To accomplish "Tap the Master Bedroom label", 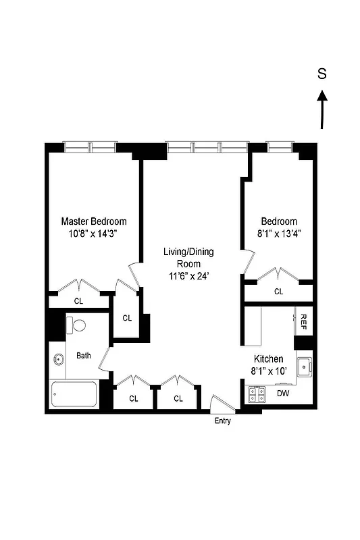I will point(94,221).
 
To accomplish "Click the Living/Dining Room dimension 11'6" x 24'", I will point(188,275).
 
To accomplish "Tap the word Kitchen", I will point(268,359).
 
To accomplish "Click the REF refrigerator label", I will point(304,320).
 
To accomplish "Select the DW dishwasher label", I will point(283,393).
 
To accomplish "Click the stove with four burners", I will point(256,393).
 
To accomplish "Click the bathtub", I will point(74,395).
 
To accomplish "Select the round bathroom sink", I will point(57,360).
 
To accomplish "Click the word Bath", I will point(84,356).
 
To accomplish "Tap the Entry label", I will point(222,421).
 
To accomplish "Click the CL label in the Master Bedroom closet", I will point(79,301).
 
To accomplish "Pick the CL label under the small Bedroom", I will point(278,292).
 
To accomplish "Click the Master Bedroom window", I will point(90,146).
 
